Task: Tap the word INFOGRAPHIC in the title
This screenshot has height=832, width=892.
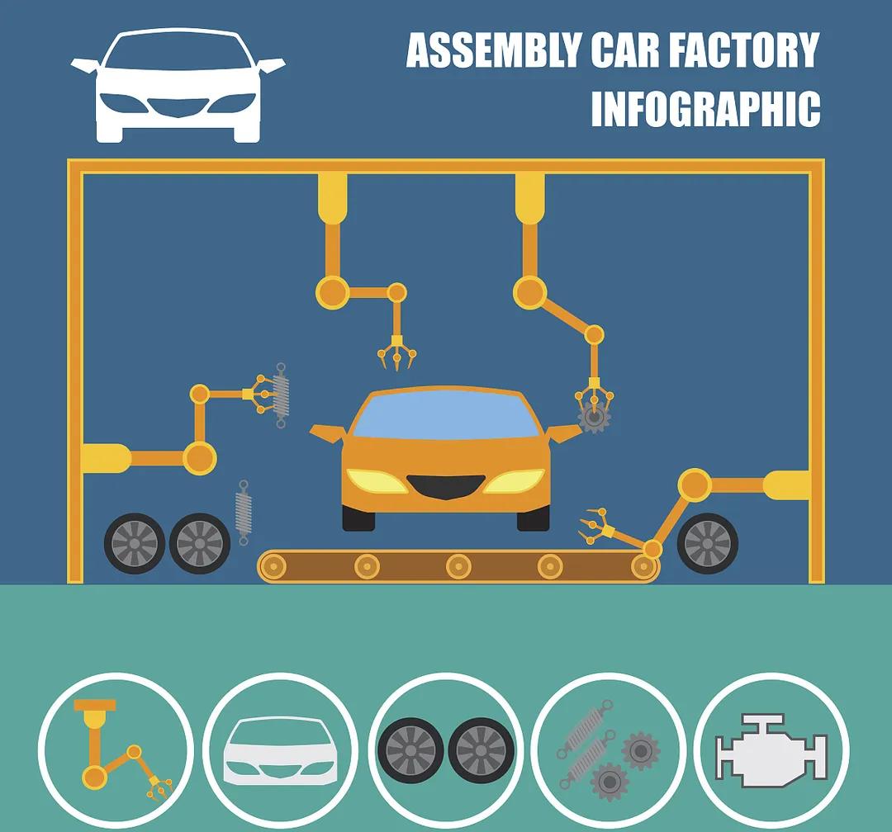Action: click(706, 108)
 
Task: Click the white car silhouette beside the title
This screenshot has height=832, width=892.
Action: click(178, 85)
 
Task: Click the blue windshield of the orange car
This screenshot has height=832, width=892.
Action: click(446, 415)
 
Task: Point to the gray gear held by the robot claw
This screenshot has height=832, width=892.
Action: click(595, 417)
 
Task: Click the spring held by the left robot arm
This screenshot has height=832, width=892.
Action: click(281, 395)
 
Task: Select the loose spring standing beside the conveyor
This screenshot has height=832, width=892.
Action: click(244, 513)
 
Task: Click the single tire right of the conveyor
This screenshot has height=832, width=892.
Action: click(707, 544)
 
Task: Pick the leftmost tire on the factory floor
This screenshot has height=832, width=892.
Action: click(135, 544)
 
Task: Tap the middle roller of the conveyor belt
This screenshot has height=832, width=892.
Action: click(458, 566)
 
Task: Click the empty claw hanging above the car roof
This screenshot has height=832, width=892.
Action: click(397, 352)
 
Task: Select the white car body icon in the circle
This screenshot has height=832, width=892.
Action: click(281, 750)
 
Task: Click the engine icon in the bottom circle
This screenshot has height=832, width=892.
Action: click(771, 750)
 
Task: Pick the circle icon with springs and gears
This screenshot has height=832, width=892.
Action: click(610, 749)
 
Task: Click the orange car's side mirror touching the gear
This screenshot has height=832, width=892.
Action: click(563, 433)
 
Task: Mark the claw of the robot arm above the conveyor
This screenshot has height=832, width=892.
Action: click(596, 527)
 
